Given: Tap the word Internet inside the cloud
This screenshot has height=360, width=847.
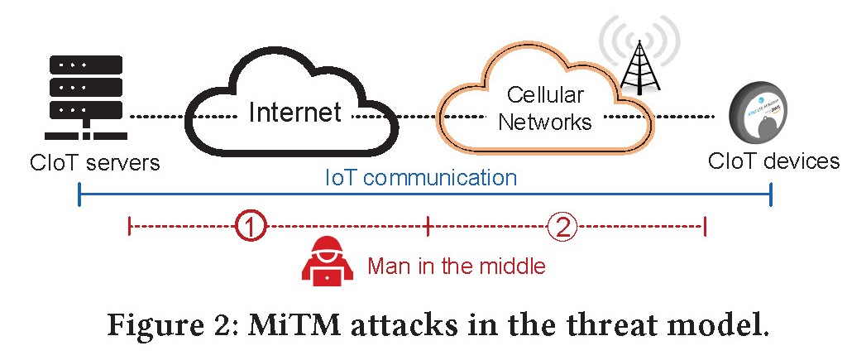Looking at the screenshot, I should (294, 113).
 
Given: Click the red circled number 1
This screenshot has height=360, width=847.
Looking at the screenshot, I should (250, 226).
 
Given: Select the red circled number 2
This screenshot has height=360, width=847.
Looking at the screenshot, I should (562, 226).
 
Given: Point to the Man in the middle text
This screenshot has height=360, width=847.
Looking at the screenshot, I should (456, 266).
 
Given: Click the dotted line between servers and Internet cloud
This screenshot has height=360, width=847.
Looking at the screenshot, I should (157, 116).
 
